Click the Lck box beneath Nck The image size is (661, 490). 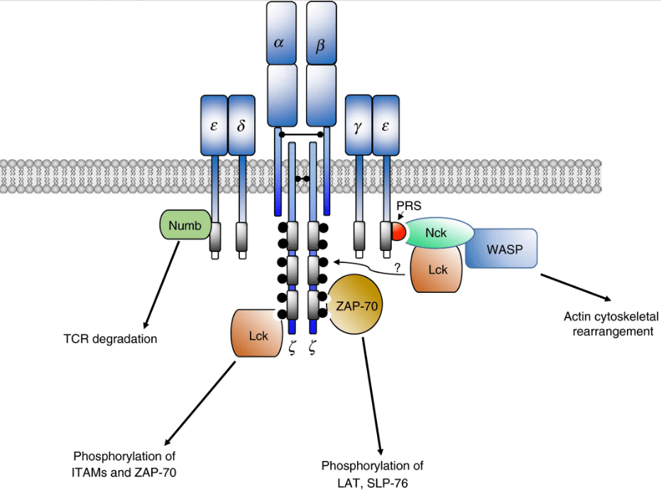[x=437, y=270]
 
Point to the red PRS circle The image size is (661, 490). [x=399, y=232]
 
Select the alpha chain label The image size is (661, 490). [x=279, y=43]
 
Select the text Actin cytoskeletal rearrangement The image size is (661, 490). [x=608, y=323]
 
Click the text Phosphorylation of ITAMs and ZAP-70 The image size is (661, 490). [x=124, y=462]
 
